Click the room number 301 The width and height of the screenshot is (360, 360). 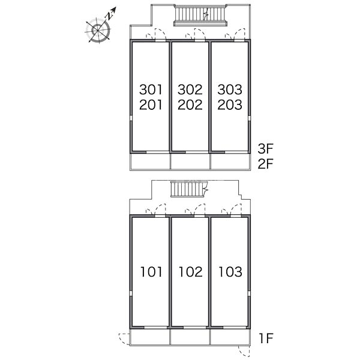point(151,89)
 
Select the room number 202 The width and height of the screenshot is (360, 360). point(190,104)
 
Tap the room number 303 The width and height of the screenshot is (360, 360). point(230,89)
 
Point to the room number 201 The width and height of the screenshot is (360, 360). point(151,104)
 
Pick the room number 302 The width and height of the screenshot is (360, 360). point(190,89)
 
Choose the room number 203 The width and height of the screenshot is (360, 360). point(230,104)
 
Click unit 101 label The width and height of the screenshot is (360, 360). point(151,272)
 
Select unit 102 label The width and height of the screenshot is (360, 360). point(191,272)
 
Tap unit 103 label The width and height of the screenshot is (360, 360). point(230,272)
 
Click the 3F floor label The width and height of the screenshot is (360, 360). point(265,149)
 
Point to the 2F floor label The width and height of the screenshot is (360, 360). point(265,164)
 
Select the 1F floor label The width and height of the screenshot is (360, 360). point(266,338)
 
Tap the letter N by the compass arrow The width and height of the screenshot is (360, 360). point(109,16)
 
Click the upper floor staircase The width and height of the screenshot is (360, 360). point(200,15)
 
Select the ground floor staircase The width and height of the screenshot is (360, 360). point(189,189)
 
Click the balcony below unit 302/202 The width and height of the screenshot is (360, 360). point(190,161)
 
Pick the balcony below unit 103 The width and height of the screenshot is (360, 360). point(230,337)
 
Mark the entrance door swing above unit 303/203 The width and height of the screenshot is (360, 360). point(235,34)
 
